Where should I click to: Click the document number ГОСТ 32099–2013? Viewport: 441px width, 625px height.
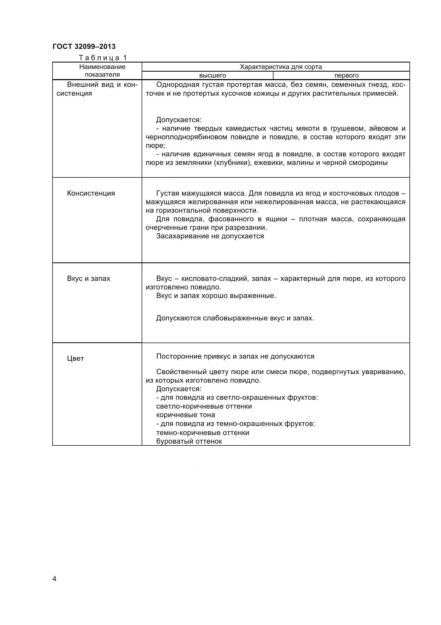[x=84, y=46]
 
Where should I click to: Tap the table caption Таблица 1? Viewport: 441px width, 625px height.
[x=103, y=58]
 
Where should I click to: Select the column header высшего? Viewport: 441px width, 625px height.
[x=212, y=75]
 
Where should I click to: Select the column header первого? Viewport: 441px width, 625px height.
[x=347, y=75]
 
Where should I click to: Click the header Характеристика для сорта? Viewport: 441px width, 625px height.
[x=280, y=67]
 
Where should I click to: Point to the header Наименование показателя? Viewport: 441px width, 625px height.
[x=102, y=71]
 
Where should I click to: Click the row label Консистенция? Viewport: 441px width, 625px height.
[x=91, y=193]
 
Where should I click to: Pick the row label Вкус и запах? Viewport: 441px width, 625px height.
[x=89, y=278]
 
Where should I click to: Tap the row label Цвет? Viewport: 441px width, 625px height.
[x=75, y=359]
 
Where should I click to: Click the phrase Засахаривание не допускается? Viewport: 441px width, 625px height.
[x=210, y=236]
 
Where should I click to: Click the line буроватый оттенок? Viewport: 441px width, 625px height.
[x=189, y=441]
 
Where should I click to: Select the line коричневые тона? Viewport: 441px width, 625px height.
[x=185, y=415]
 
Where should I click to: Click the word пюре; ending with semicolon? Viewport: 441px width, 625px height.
[x=155, y=146]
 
